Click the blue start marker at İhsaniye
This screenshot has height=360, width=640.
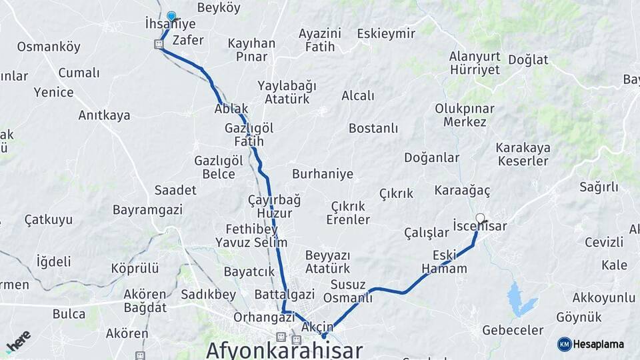(171, 16)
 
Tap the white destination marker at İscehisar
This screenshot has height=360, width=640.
(481, 218)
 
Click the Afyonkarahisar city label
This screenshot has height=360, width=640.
(285, 350)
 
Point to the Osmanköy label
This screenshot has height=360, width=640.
(49, 47)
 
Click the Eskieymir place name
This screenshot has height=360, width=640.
(386, 33)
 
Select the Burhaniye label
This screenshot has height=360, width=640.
(323, 174)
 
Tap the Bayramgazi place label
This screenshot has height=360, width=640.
(147, 209)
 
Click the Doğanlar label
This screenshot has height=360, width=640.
(431, 157)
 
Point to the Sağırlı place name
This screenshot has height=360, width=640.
(599, 187)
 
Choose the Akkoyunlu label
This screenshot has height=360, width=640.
(603, 297)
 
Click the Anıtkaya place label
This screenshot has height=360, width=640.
(104, 115)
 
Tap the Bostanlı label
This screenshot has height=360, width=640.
(373, 127)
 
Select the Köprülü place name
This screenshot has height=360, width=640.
(135, 268)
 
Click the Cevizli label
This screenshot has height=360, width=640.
(604, 241)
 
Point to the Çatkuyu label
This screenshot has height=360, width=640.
(49, 219)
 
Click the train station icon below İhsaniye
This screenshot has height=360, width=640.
(159, 44)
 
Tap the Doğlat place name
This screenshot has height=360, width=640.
(528, 59)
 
